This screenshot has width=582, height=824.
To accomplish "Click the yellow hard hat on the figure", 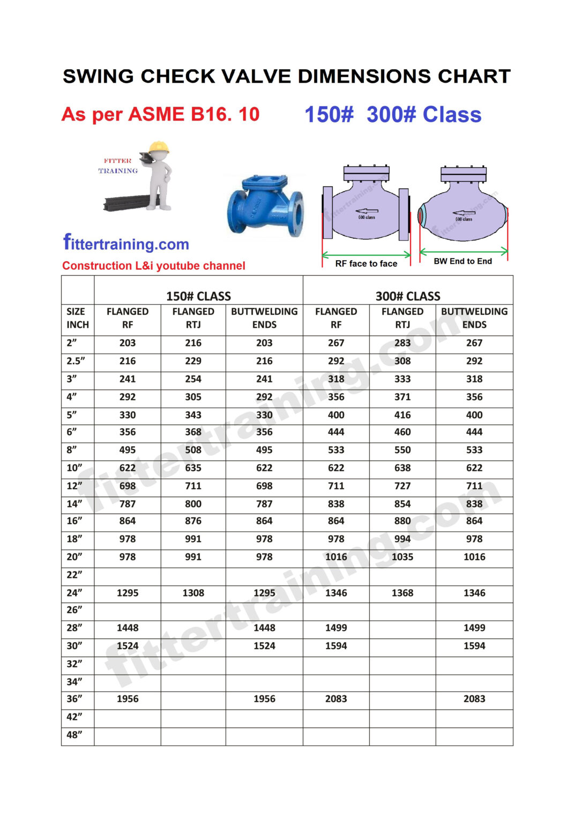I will [x=159, y=147].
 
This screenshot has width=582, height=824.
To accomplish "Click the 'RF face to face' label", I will [x=366, y=263].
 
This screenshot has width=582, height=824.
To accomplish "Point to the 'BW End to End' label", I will [x=462, y=261].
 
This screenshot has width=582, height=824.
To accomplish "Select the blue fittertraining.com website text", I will [x=126, y=244].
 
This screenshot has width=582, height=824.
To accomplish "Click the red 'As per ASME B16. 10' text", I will [x=160, y=114].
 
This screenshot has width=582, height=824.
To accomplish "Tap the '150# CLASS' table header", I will [x=198, y=296].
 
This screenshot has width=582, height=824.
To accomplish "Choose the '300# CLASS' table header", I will [x=407, y=296].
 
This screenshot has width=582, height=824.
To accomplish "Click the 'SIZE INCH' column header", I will [x=78, y=318].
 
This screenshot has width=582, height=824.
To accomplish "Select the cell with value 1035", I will [x=402, y=557].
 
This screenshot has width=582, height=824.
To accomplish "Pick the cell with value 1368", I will [x=402, y=593].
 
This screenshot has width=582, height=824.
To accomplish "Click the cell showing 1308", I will [x=193, y=593].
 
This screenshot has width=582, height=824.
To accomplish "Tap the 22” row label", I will [x=74, y=575].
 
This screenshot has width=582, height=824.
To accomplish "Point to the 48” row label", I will [x=74, y=735].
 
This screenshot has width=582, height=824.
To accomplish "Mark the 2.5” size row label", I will [x=76, y=361].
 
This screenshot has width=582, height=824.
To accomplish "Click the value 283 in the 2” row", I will [x=402, y=343].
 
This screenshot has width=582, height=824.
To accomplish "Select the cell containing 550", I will [x=402, y=450].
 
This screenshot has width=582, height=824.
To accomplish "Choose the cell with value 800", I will [x=193, y=504].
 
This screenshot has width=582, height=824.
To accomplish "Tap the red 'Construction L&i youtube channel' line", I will [x=153, y=266].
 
